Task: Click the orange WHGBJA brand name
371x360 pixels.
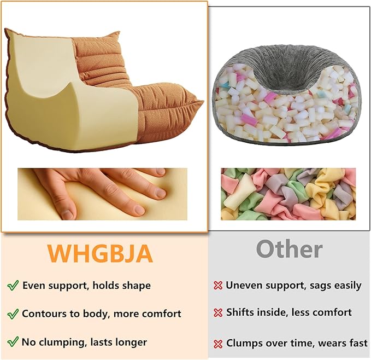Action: [x=101, y=253]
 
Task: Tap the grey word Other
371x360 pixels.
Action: [x=289, y=249]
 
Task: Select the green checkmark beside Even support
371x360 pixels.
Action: [x=13, y=286]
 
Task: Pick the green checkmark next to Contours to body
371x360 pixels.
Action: [x=13, y=314]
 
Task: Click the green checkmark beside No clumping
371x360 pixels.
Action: [x=13, y=342]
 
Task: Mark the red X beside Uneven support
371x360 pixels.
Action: [x=218, y=286]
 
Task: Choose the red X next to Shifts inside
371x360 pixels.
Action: [x=218, y=313]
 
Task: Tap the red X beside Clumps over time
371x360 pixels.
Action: [x=218, y=344]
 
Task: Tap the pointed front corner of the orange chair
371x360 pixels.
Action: [x=203, y=102]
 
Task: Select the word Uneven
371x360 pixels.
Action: [x=244, y=285]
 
